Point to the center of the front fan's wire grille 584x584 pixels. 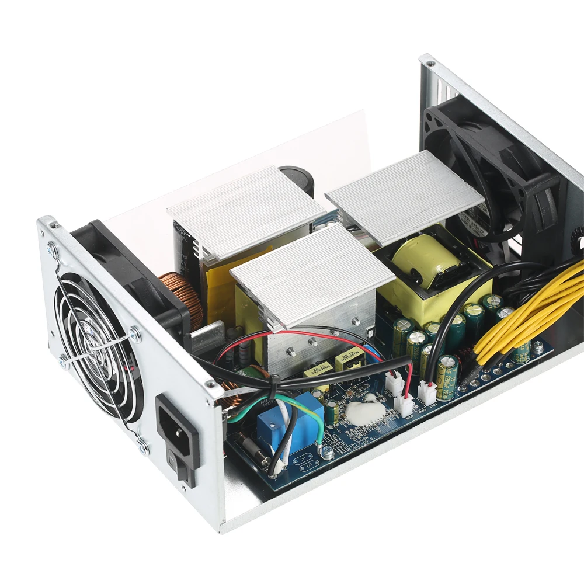[x=96, y=345]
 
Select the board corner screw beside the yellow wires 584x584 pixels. [x=538, y=348]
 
